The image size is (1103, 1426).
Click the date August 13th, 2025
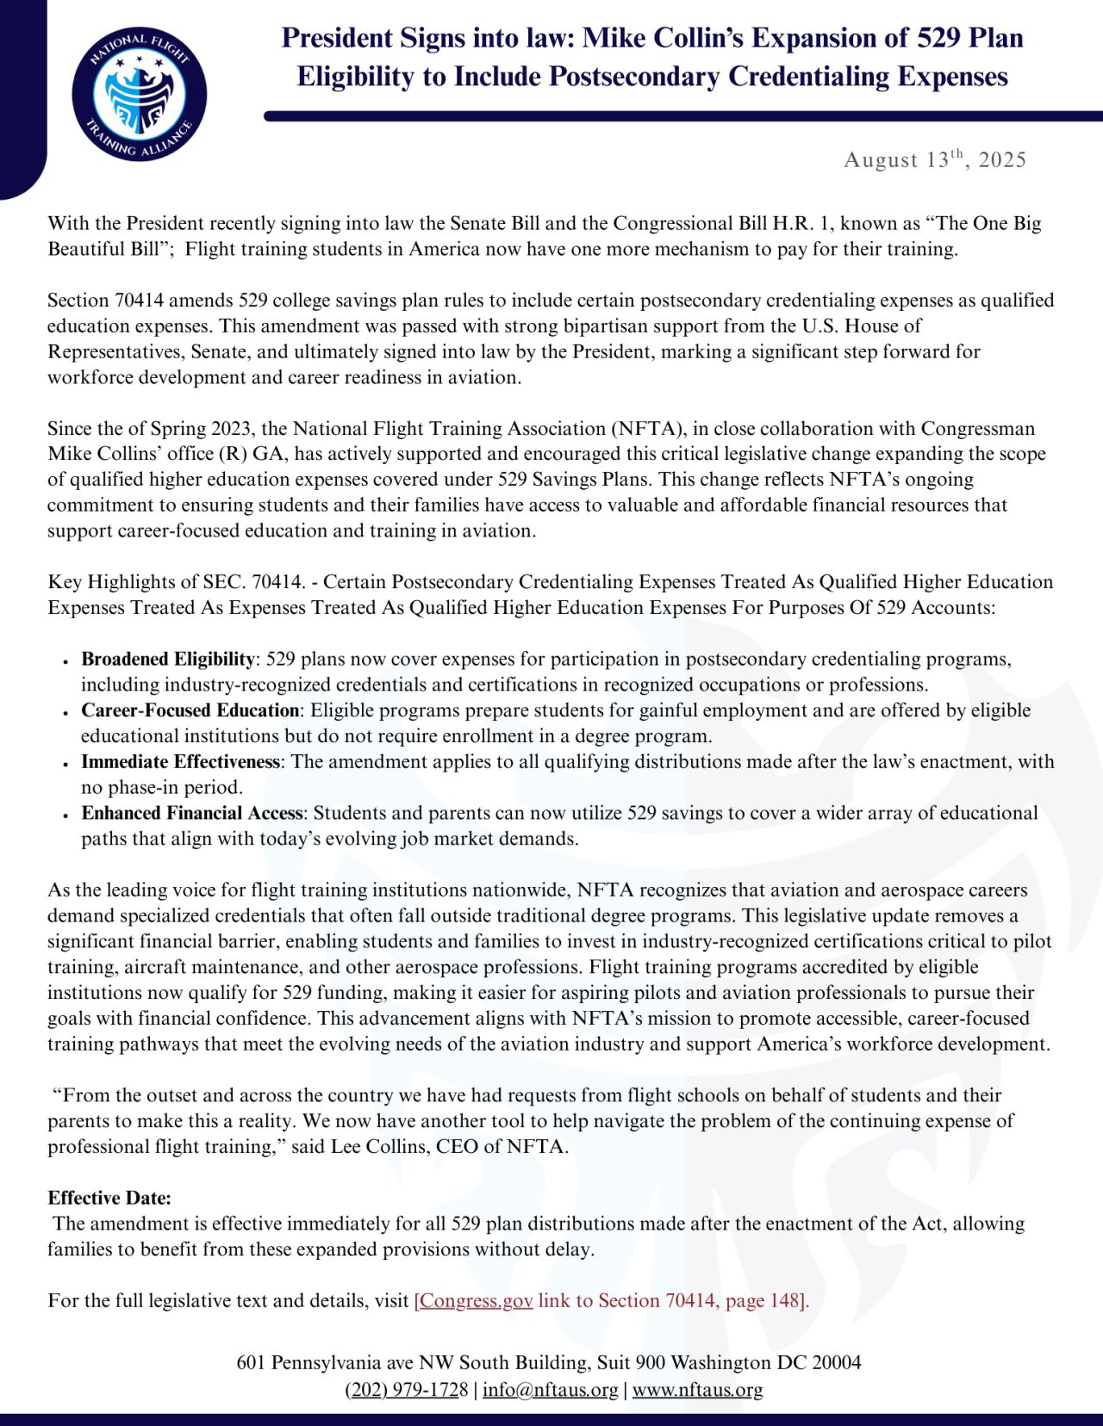[935, 159]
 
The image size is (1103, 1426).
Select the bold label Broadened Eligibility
[167, 659]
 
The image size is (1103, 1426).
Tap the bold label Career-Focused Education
[190, 710]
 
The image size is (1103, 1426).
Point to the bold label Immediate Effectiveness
[180, 762]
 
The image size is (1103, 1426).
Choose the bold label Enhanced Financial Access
[191, 813]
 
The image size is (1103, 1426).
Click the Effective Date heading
[109, 1198]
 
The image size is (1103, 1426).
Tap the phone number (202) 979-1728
[407, 1390]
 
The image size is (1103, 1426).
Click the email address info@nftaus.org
[550, 1390]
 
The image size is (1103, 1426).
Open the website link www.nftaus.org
[697, 1390]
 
